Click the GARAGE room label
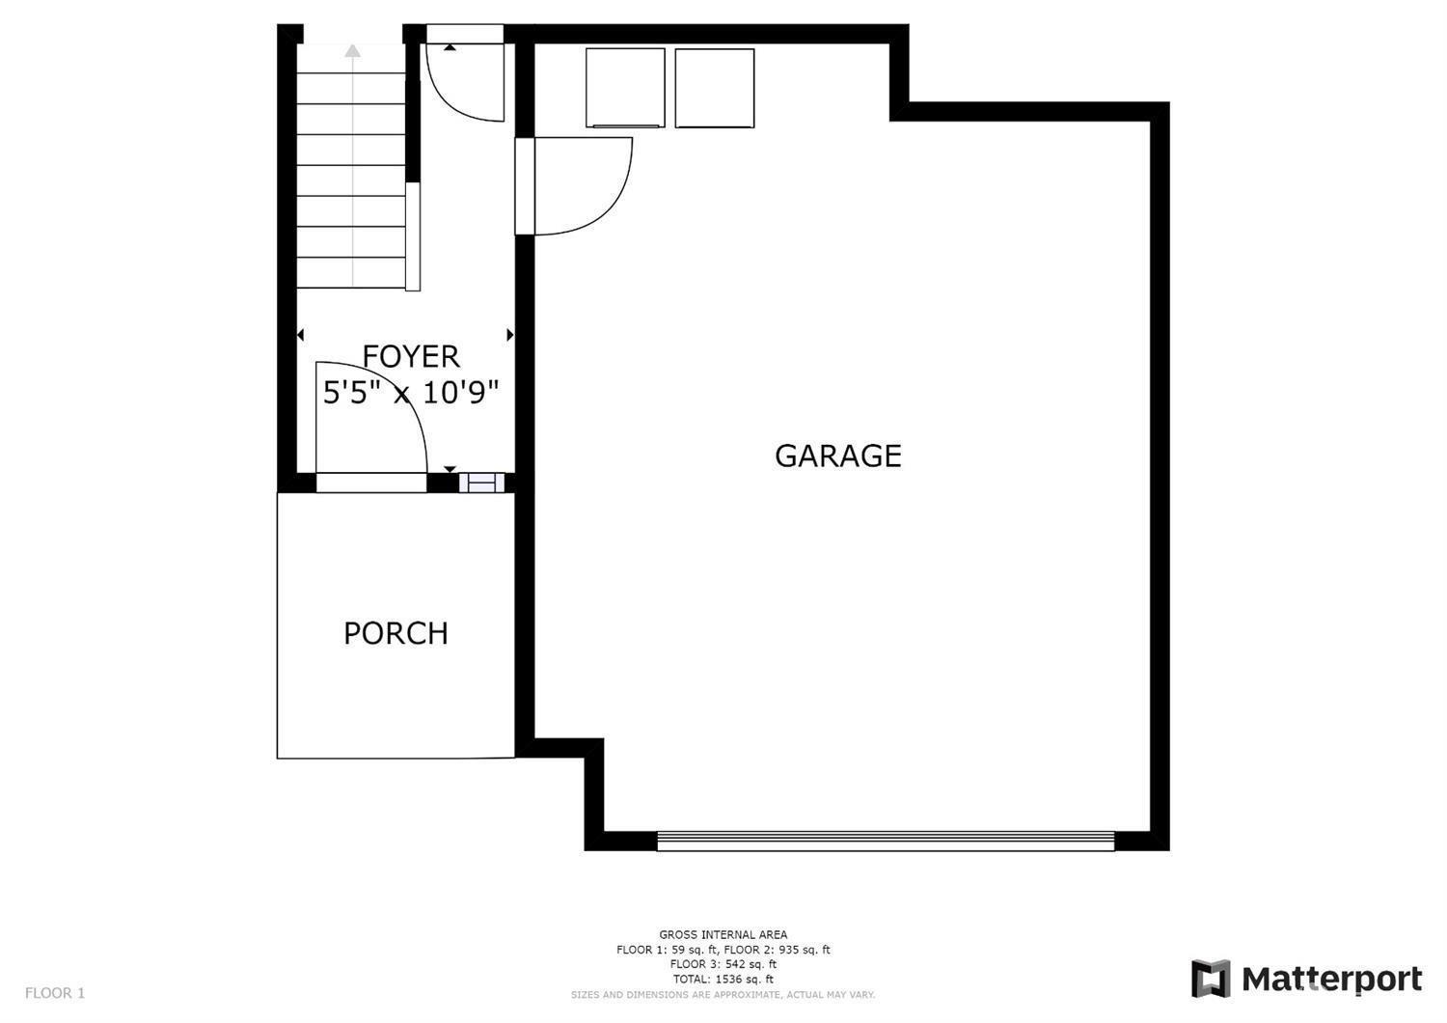(x=837, y=456)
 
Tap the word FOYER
(x=411, y=356)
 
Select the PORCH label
(x=396, y=633)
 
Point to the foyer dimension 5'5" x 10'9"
(x=411, y=393)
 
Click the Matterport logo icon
(x=1211, y=979)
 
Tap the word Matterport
(x=1332, y=979)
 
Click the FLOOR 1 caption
(x=55, y=992)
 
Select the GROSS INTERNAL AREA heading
(x=723, y=934)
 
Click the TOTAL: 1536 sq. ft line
(x=723, y=979)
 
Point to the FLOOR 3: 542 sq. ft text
(x=723, y=964)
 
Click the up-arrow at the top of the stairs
(x=353, y=51)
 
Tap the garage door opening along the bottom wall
(x=885, y=842)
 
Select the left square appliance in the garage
(x=625, y=87)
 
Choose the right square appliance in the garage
(x=714, y=87)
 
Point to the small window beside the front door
(x=481, y=483)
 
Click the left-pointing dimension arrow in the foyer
(x=300, y=335)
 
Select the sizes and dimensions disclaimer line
(x=723, y=994)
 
